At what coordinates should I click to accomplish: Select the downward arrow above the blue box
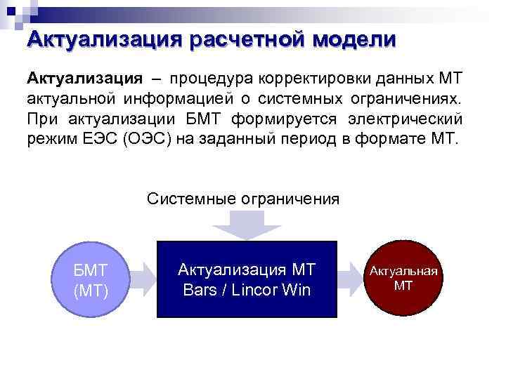(247, 225)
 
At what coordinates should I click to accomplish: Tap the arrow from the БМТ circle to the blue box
(142, 279)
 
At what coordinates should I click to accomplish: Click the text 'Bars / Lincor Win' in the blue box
(247, 289)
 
